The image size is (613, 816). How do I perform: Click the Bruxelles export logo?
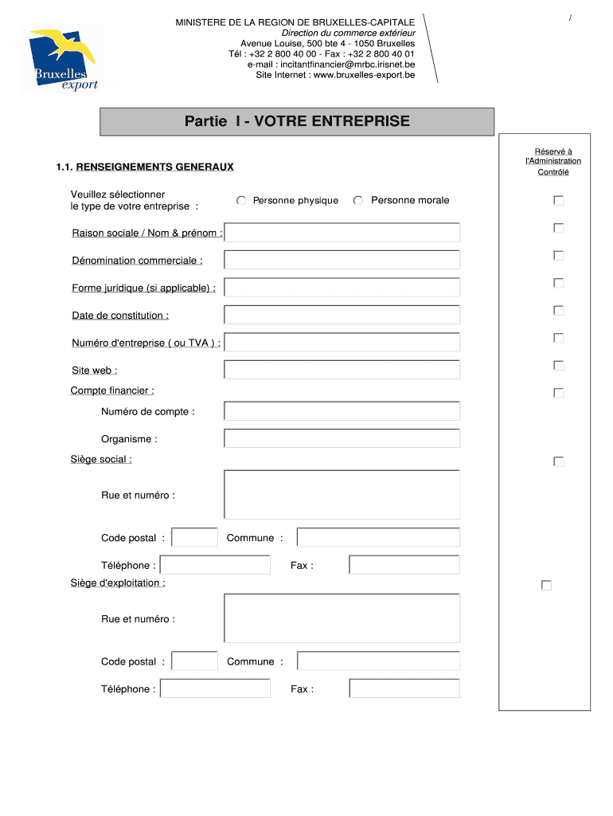tap(64, 60)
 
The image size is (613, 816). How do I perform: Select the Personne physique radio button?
tap(241, 201)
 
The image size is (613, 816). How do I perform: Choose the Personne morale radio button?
tap(358, 201)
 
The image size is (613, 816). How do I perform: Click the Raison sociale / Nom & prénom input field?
tap(342, 233)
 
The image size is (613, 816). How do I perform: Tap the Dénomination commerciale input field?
tap(342, 261)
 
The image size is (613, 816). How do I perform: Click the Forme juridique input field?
tap(342, 288)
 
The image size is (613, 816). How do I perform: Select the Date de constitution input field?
tap(342, 315)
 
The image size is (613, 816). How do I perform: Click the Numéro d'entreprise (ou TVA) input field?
tap(342, 343)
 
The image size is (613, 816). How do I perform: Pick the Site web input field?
tap(342, 370)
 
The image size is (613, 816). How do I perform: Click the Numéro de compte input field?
tap(342, 411)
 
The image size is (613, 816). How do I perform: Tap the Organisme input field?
tap(342, 439)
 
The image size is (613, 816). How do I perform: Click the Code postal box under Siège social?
tap(195, 538)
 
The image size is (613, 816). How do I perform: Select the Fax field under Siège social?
tap(404, 565)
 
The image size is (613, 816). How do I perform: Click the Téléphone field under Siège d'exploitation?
tap(215, 688)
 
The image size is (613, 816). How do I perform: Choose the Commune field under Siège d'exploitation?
tap(378, 661)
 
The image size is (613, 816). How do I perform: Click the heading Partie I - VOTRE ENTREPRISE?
tap(297, 122)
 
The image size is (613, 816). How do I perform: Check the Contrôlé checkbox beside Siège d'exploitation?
tap(546, 586)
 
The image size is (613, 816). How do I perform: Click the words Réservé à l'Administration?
tap(552, 156)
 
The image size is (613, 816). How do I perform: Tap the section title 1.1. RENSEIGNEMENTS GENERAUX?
tap(145, 167)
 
